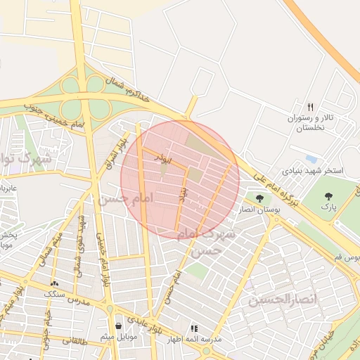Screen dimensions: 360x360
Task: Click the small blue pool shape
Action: point(311,159)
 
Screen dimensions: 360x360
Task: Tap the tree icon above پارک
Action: point(328,196)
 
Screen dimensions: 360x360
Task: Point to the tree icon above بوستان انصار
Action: point(259,198)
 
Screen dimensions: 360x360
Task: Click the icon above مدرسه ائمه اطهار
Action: point(194,328)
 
